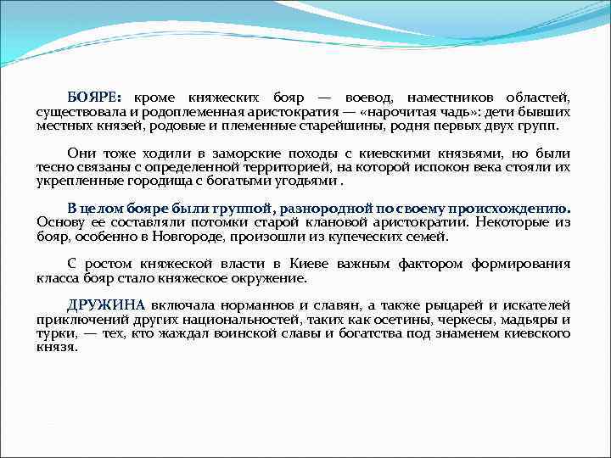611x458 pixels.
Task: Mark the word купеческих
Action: (x=365, y=236)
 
